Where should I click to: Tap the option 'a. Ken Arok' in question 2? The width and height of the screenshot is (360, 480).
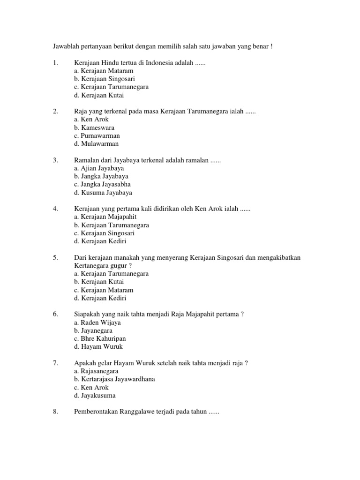pyautogui.click(x=91, y=120)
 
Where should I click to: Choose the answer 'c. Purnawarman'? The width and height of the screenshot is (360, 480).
pyautogui.click(x=97, y=135)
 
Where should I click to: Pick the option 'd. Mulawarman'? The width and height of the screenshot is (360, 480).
pyautogui.click(x=97, y=144)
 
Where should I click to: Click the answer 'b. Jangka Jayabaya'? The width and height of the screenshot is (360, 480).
pyautogui.click(x=101, y=176)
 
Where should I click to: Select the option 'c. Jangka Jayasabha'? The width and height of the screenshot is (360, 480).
pyautogui.click(x=102, y=184)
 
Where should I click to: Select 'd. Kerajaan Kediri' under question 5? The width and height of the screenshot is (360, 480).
pyautogui.click(x=100, y=298)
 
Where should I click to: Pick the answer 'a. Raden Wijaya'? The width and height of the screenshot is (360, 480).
pyautogui.click(x=97, y=322)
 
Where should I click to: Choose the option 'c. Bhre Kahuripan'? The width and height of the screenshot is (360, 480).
pyautogui.click(x=100, y=338)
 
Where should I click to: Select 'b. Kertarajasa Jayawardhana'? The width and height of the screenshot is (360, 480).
pyautogui.click(x=114, y=379)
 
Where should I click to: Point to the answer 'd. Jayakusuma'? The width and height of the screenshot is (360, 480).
pyautogui.click(x=95, y=395)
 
